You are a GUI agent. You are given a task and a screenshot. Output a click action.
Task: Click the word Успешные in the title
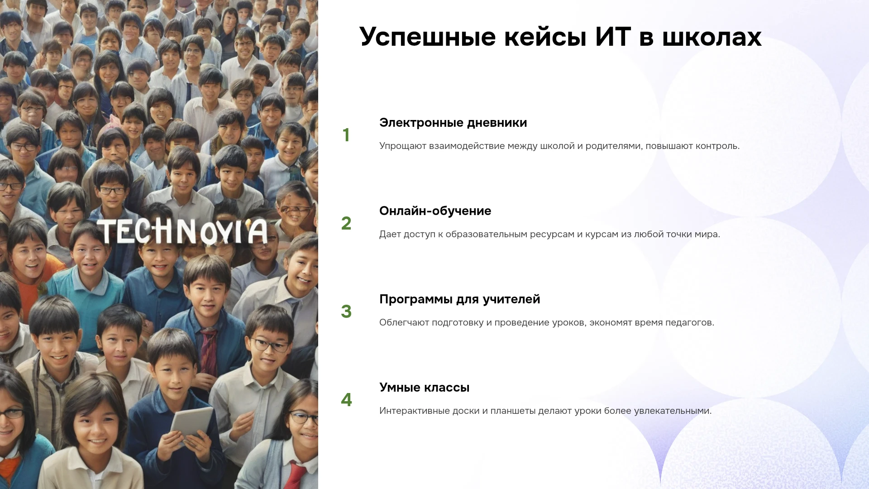[x=428, y=37]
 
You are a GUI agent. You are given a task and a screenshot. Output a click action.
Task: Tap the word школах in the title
[x=712, y=37]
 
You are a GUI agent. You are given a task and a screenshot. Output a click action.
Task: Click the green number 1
[x=346, y=135]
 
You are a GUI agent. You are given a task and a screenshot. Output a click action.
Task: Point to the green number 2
[x=346, y=223]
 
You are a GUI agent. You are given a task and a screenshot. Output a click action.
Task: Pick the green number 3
[x=346, y=312]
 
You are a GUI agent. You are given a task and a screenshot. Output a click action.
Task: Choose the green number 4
[x=346, y=400]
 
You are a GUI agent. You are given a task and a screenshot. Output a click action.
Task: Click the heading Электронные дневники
[x=453, y=123]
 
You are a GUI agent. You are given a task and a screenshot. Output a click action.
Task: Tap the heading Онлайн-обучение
[x=435, y=211]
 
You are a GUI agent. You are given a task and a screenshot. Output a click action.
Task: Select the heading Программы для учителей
[x=459, y=299]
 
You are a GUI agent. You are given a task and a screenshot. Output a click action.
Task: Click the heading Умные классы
[x=424, y=388]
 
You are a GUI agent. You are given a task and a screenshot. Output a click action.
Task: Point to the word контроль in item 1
[x=717, y=146]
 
